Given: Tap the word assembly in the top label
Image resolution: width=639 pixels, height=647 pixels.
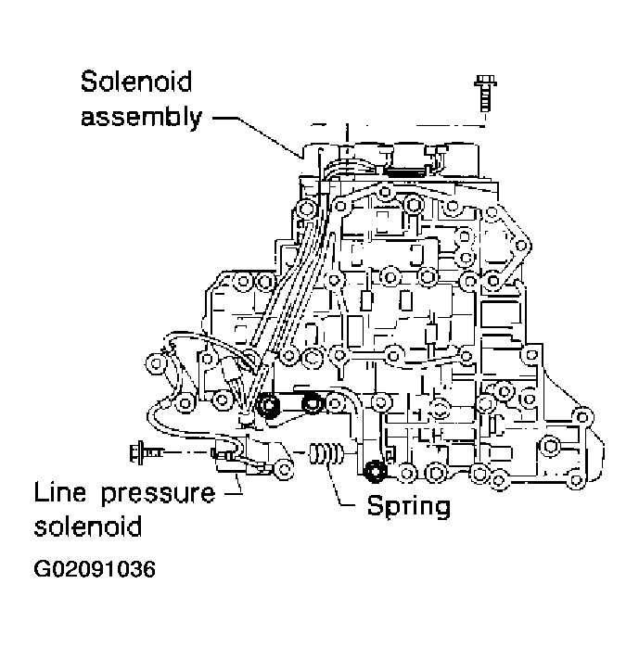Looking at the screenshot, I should click(x=138, y=119).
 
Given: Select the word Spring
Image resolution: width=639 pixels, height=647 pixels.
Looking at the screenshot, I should click(x=408, y=506).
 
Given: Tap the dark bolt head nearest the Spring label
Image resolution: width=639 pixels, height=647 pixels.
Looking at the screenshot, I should click(x=376, y=473).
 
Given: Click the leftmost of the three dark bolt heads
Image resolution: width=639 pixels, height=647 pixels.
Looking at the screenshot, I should click(x=270, y=406).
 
